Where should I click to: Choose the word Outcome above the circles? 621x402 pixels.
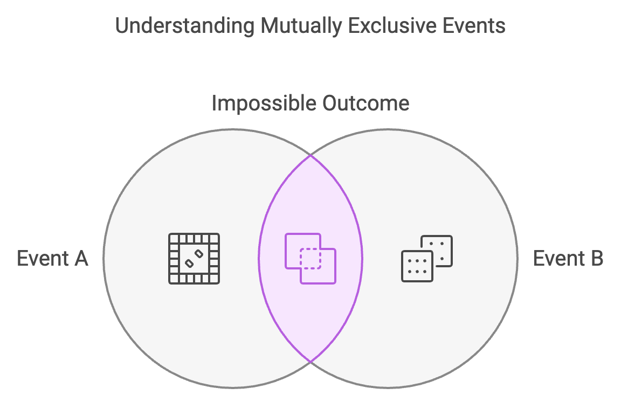(366, 103)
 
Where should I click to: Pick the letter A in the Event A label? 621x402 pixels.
(80, 259)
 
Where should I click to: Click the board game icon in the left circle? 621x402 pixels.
(194, 259)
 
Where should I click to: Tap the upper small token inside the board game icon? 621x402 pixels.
(199, 253)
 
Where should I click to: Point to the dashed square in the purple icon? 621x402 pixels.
(310, 259)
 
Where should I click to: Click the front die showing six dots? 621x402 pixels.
(417, 266)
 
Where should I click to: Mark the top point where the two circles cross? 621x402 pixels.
(310, 155)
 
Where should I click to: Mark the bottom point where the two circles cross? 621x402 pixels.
(310, 362)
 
